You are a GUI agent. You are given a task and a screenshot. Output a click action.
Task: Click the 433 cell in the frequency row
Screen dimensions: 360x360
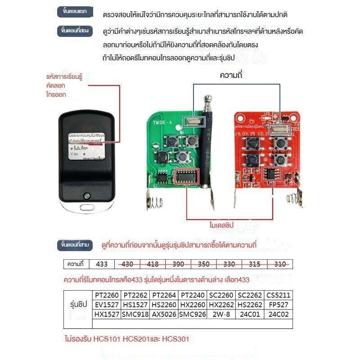[102, 264]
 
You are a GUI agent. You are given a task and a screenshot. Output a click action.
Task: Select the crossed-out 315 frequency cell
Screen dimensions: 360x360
[255, 264]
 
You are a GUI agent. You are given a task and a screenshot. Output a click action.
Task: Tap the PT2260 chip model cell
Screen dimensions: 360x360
[107, 296]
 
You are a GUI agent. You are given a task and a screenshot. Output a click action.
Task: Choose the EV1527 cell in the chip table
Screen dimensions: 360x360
[107, 305]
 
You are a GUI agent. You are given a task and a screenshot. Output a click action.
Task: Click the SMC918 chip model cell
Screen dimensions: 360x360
[135, 314]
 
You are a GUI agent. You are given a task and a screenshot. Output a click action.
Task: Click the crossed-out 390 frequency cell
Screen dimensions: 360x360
[179, 264]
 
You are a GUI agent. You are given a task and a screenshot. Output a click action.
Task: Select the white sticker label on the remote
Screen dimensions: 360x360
[87, 145]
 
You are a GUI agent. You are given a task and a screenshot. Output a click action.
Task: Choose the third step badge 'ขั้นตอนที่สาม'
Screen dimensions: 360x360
[75, 245]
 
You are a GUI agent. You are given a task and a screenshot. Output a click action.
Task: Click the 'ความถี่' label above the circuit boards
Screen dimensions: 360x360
[231, 76]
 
